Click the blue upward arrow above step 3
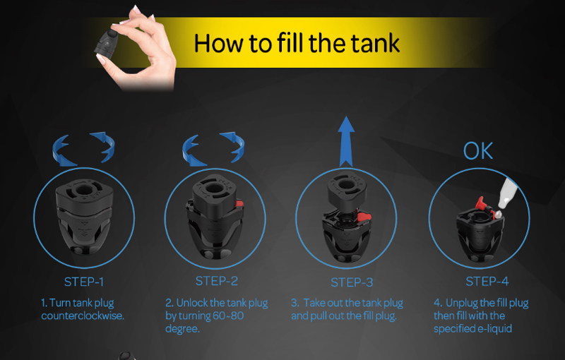tap(346, 141)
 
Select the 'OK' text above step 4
tap(478, 151)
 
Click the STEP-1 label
tap(84, 282)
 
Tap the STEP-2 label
tap(217, 281)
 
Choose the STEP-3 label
tap(352, 282)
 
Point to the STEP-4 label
tap(487, 281)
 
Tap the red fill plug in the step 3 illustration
tap(364, 217)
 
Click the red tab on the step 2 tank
tap(239, 204)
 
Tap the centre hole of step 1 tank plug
tap(83, 190)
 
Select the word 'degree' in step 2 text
tap(182, 329)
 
